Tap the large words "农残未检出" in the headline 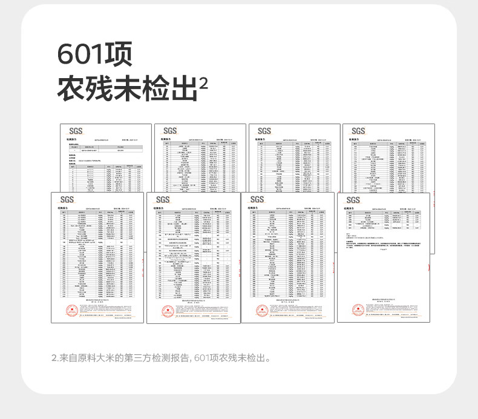[127, 88]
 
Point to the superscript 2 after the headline [203, 82]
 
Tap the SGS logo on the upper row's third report [264, 131]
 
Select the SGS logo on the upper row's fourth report [358, 131]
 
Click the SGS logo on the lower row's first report [67, 200]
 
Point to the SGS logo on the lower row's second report [163, 200]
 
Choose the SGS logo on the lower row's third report [257, 200]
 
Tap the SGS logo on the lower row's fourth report [353, 200]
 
